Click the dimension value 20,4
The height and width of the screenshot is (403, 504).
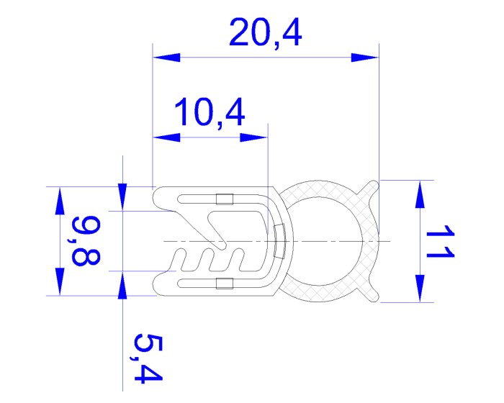(264, 33)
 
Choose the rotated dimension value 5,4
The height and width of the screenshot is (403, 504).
(143, 358)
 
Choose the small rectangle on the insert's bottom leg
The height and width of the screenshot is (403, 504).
(225, 283)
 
